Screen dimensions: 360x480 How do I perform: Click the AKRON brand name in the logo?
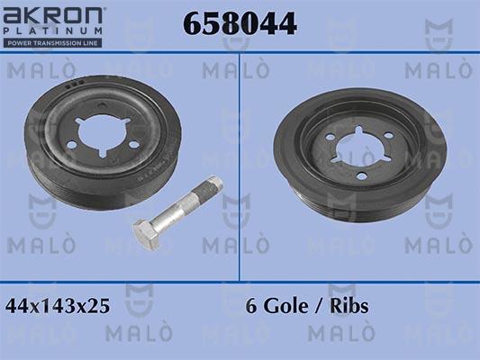[54, 15]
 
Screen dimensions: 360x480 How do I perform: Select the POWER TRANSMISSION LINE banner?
[51, 41]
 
